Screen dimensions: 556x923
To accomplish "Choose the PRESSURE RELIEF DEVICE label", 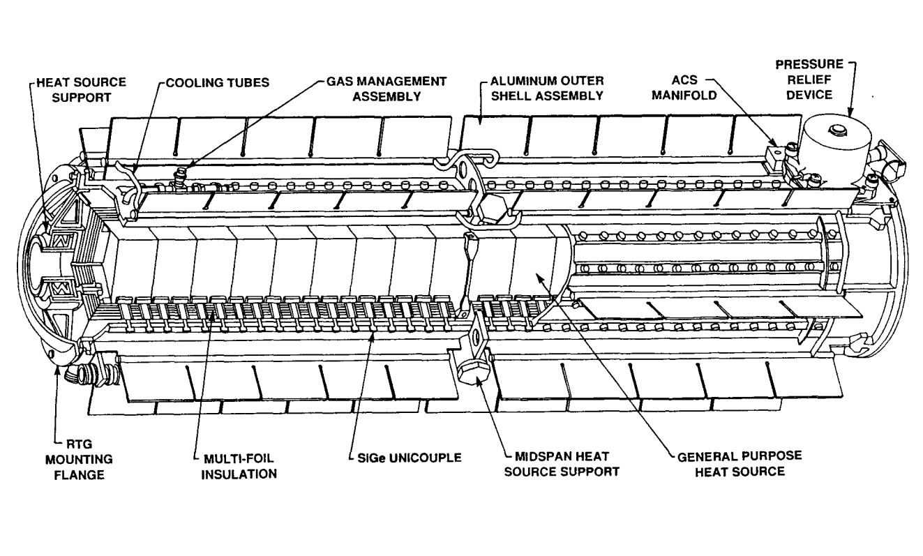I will point(804,80).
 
